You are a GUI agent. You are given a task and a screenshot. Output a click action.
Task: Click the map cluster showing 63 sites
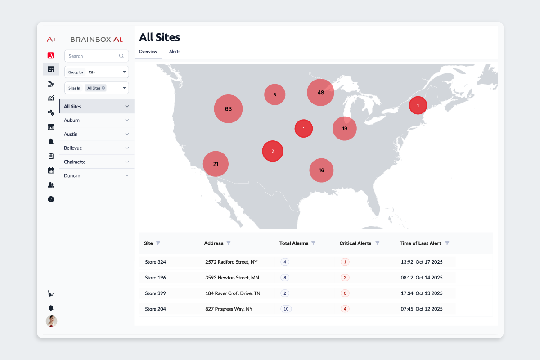click(228, 109)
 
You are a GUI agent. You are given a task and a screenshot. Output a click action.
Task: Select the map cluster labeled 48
click(320, 93)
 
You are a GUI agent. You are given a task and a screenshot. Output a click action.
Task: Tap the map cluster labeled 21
click(216, 164)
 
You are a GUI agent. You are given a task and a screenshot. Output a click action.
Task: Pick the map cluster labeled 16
click(321, 171)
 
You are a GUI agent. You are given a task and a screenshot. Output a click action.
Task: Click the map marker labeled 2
click(272, 151)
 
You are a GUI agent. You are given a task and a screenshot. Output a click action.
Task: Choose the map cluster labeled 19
click(344, 129)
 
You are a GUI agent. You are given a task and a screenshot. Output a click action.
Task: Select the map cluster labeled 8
click(274, 95)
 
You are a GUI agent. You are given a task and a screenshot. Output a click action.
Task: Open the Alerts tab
click(175, 52)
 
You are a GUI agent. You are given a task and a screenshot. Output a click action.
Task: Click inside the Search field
click(92, 56)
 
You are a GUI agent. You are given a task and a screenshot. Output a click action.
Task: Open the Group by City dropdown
click(97, 72)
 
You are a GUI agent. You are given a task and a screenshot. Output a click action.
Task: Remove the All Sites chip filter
click(103, 88)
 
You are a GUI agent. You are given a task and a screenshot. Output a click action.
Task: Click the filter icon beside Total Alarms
click(313, 243)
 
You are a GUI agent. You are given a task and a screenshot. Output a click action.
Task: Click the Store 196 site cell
click(155, 278)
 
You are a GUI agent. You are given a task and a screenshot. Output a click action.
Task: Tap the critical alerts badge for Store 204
click(345, 309)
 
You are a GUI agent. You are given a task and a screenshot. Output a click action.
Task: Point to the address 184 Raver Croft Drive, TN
click(232, 293)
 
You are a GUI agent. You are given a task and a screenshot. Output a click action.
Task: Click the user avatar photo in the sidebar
click(51, 321)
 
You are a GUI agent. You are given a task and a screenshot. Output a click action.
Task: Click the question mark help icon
click(51, 199)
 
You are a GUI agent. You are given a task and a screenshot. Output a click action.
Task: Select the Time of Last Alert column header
click(420, 243)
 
